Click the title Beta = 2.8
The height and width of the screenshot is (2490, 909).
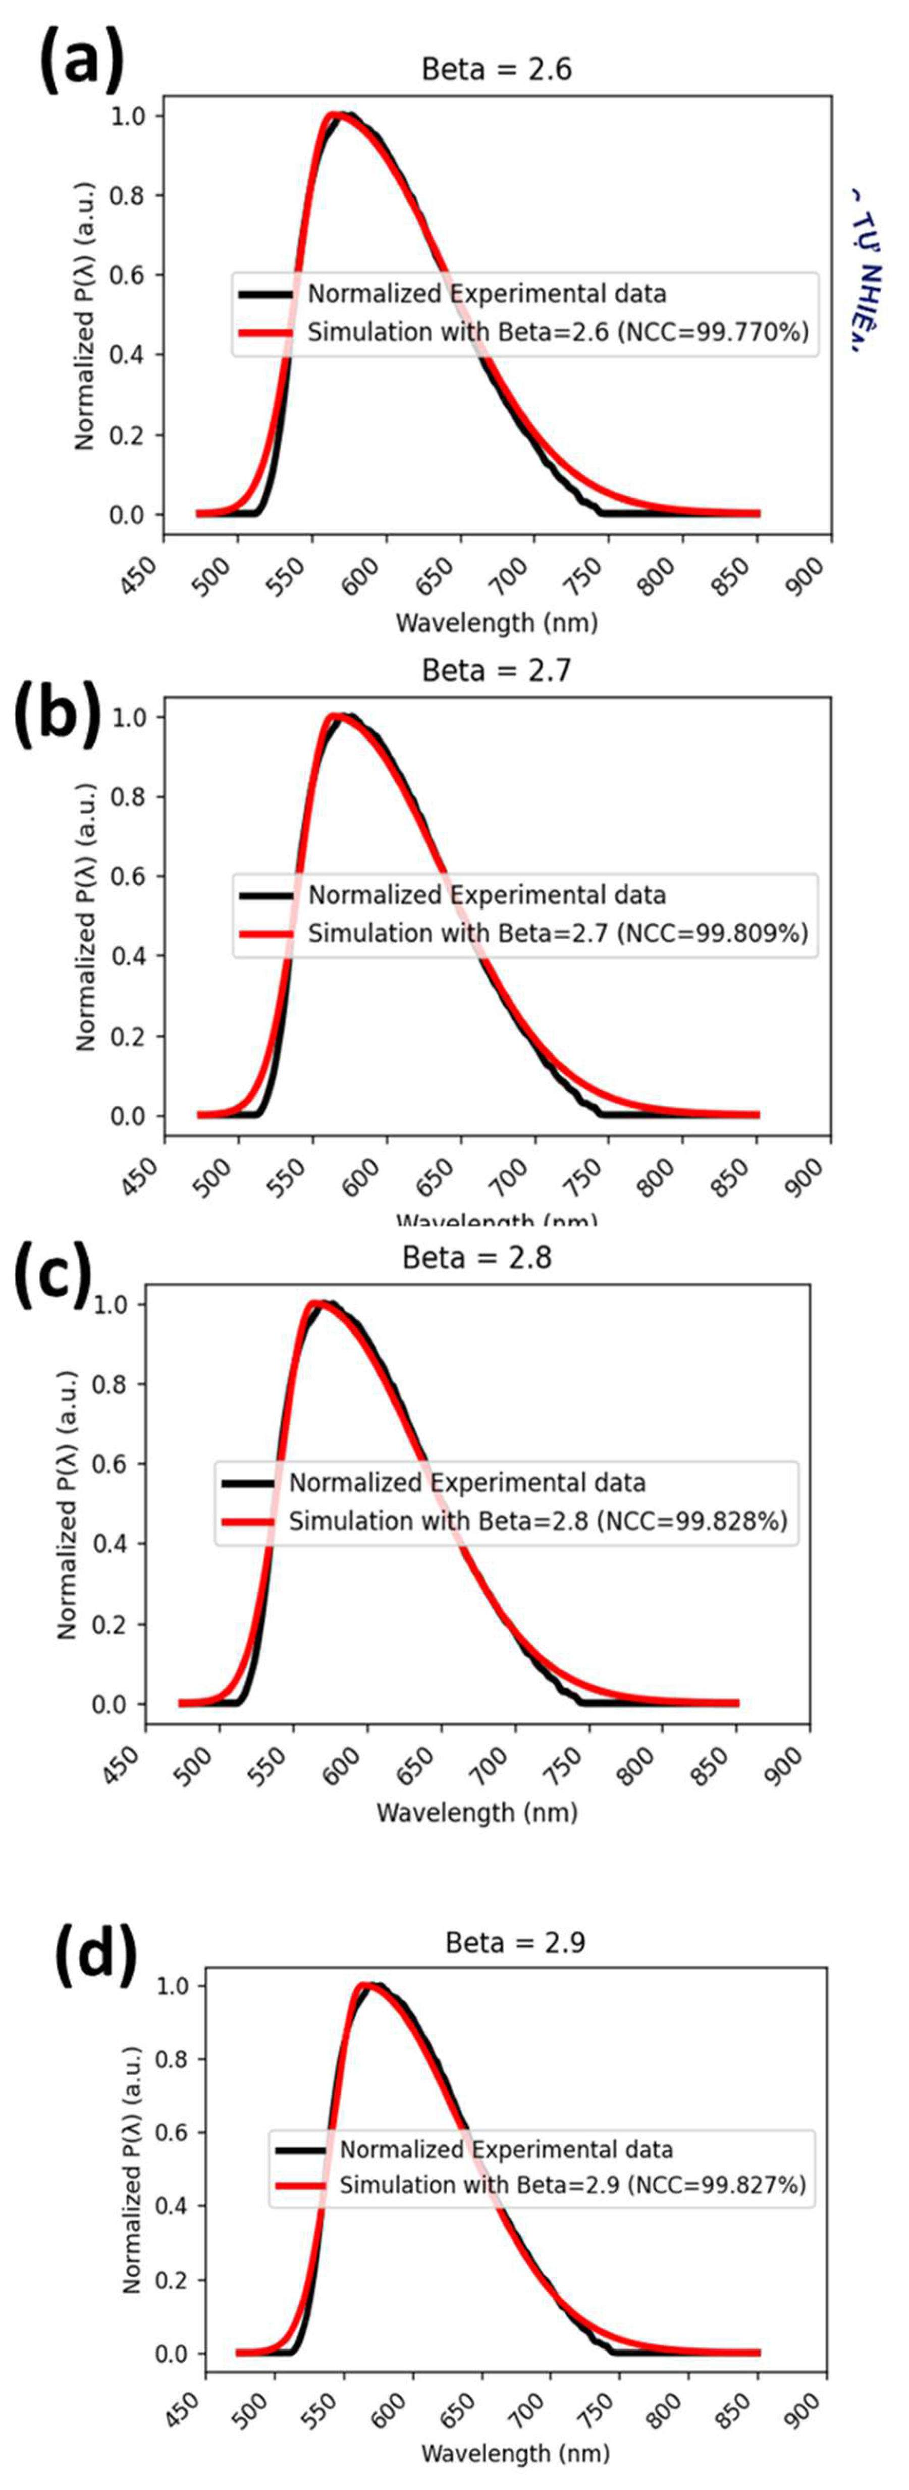477,1258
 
